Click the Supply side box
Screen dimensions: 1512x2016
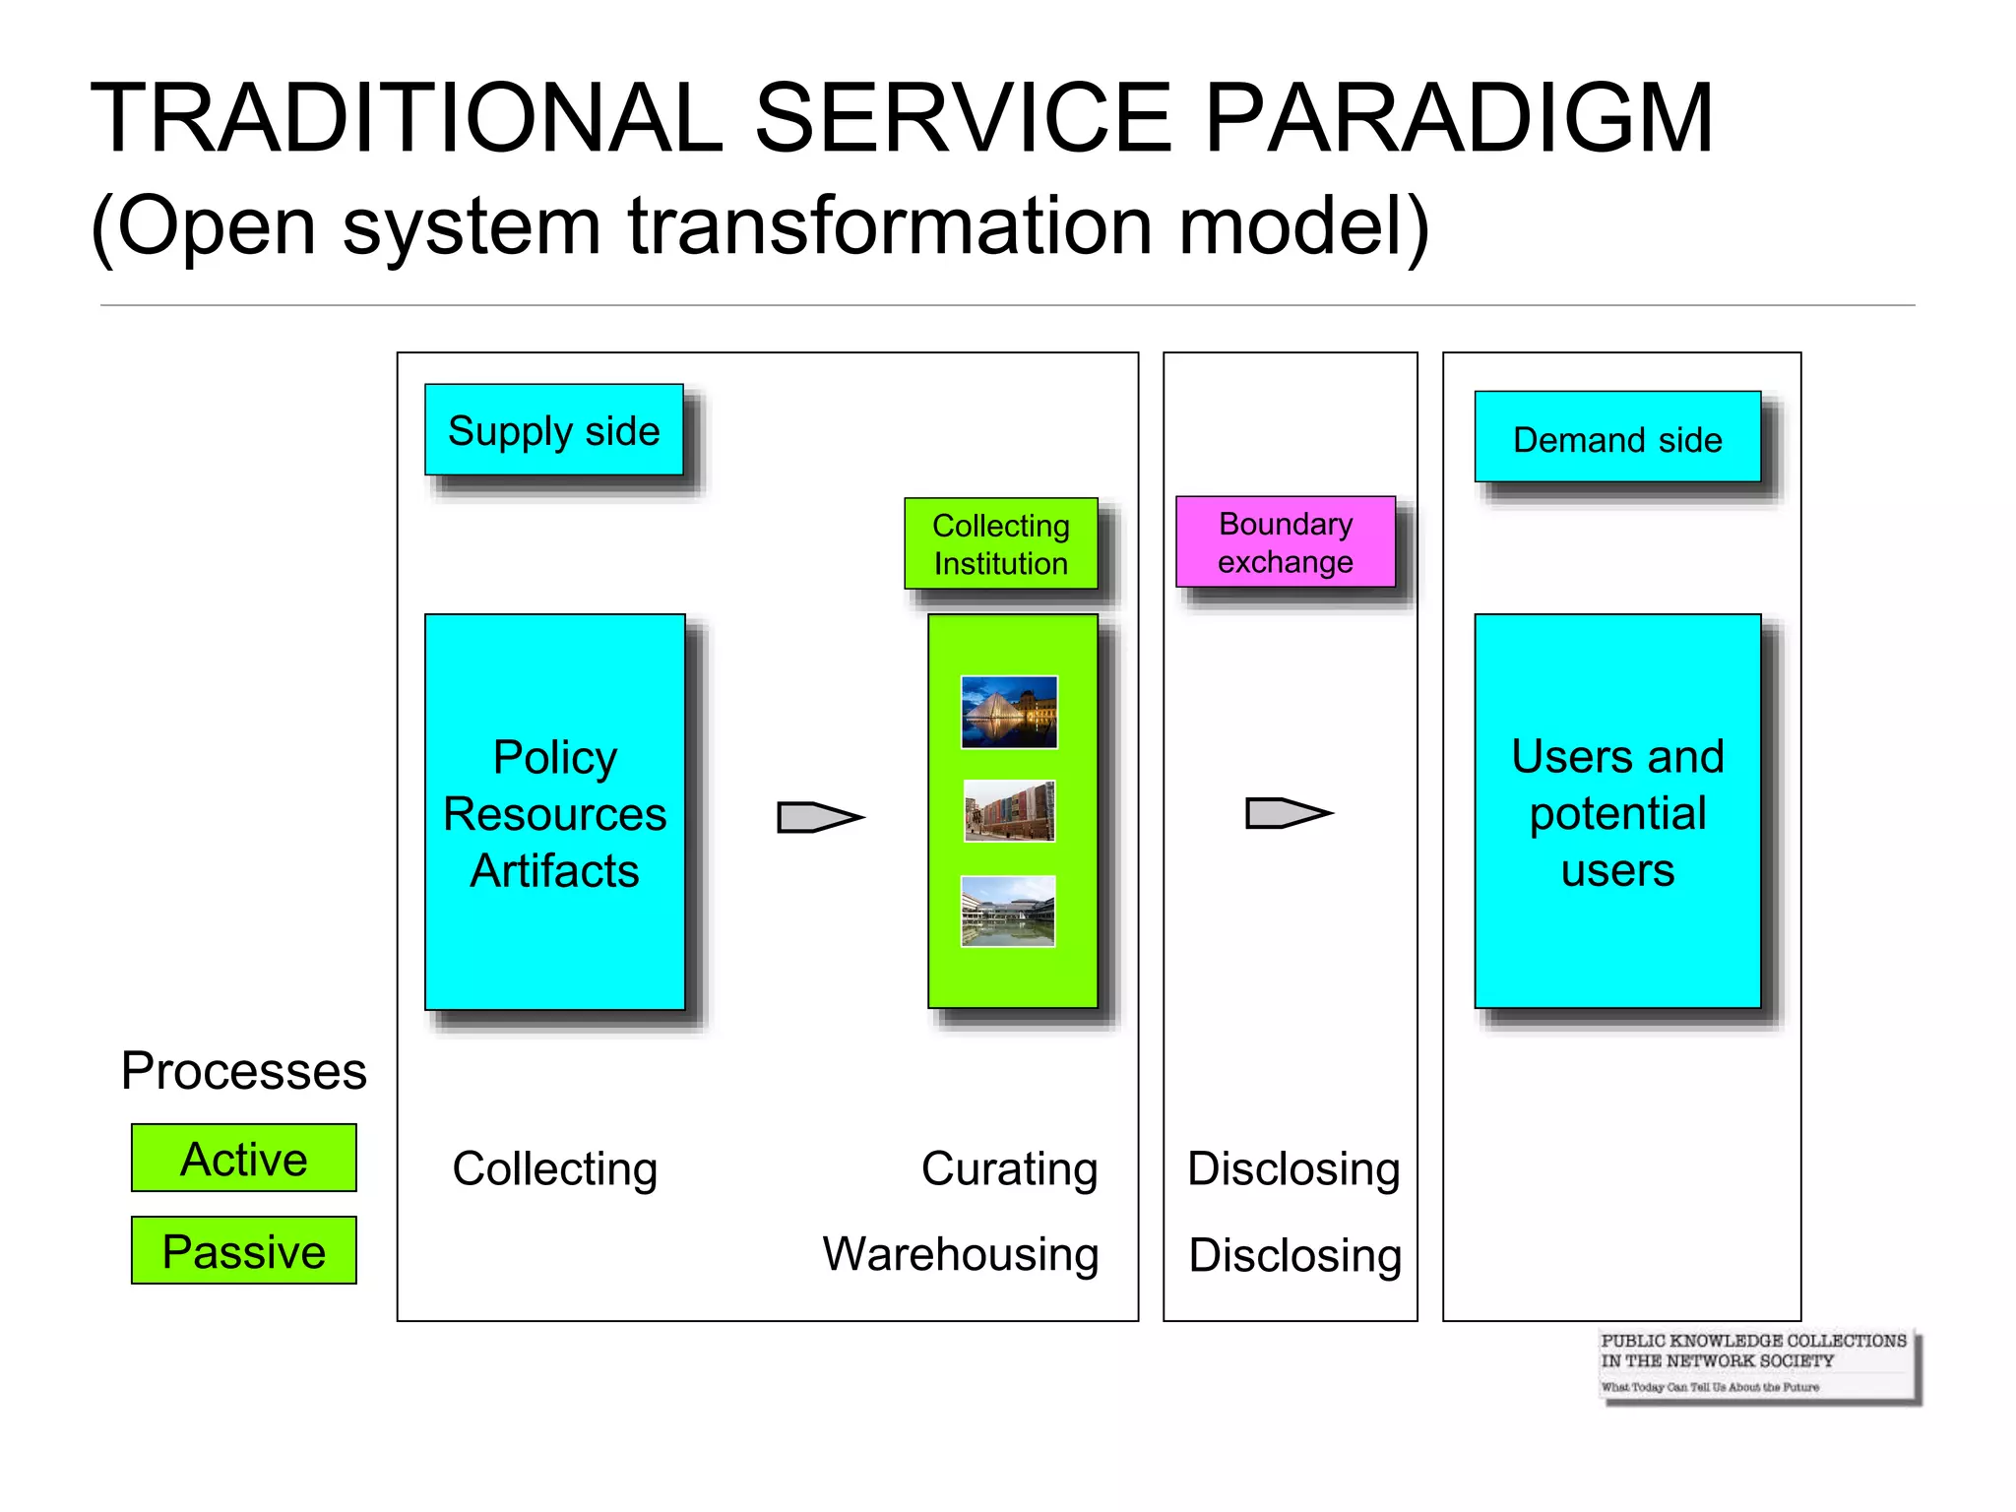pyautogui.click(x=553, y=430)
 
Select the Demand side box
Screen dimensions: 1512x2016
pyautogui.click(x=1616, y=437)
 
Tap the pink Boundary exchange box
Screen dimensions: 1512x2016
pyautogui.click(x=1285, y=541)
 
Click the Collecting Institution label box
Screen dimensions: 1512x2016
pyautogui.click(x=1000, y=543)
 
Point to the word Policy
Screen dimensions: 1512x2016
pyautogui.click(x=554, y=757)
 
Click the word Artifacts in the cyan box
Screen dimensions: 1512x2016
pyautogui.click(x=554, y=870)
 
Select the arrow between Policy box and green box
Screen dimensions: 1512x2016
pyautogui.click(x=819, y=816)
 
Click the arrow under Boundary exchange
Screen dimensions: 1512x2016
pyautogui.click(x=1288, y=812)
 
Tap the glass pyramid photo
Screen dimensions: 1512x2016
pyautogui.click(x=1009, y=712)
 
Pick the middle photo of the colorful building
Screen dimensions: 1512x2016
pyautogui.click(x=1009, y=811)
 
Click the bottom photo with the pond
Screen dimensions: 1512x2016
pyautogui.click(x=1007, y=912)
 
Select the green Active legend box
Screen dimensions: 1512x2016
pyautogui.click(x=244, y=1158)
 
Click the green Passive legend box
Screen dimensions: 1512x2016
pyautogui.click(x=244, y=1250)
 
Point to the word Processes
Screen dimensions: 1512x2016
pyautogui.click(x=243, y=1070)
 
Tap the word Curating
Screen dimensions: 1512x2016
pyautogui.click(x=1009, y=1168)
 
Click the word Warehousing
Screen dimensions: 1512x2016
pyautogui.click(x=961, y=1254)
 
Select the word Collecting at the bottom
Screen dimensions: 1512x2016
pyautogui.click(x=554, y=1168)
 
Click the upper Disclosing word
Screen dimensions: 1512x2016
pyautogui.click(x=1293, y=1168)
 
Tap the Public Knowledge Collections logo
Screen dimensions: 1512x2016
pyautogui.click(x=1757, y=1363)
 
